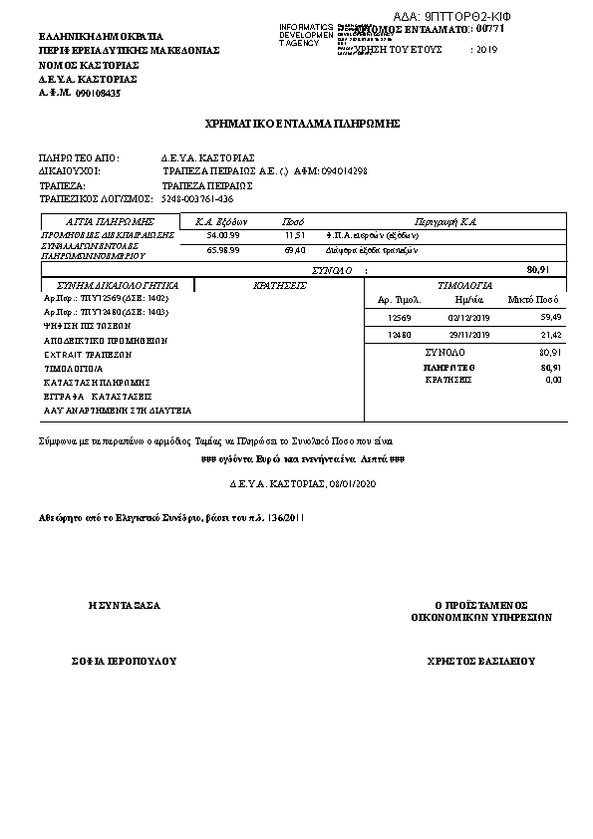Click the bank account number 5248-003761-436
pos(197,199)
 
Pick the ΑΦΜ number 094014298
pos(344,171)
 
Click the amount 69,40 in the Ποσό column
pos(294,250)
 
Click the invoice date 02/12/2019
pos(468,317)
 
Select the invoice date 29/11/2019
pos(468,335)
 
